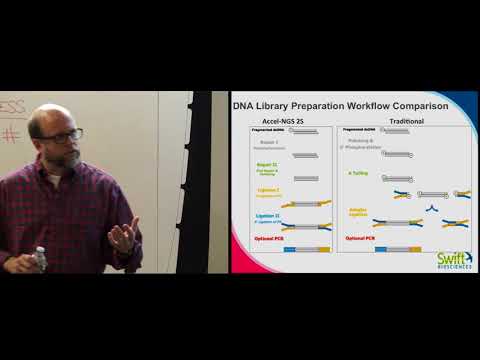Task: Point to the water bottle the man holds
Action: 40,259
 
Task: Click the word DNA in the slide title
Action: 243,108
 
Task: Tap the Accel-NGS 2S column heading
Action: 284,120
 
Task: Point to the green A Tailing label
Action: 356,172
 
